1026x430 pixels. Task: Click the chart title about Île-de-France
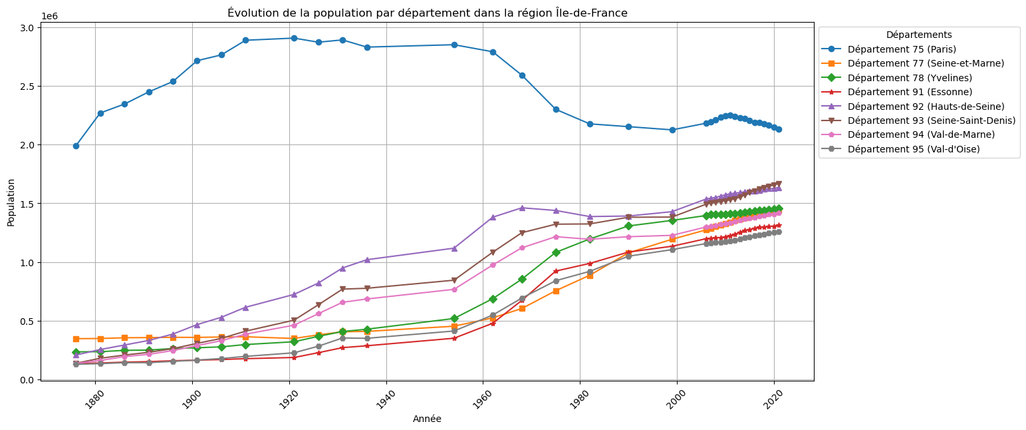(x=427, y=13)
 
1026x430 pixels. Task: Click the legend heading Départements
(x=919, y=35)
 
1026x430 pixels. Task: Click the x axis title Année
(x=427, y=419)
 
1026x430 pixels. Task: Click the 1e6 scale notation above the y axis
(x=49, y=16)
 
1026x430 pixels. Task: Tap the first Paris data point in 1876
(x=76, y=146)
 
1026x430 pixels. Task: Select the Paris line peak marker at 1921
(x=294, y=38)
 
